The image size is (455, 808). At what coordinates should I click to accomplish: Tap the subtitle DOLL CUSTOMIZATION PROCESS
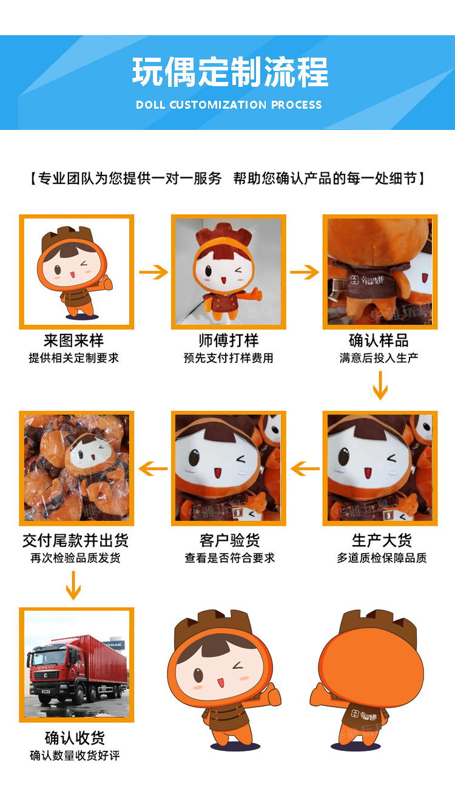(x=229, y=105)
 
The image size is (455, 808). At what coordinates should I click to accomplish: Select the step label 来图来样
(x=73, y=340)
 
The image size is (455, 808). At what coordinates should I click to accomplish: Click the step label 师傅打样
(x=228, y=340)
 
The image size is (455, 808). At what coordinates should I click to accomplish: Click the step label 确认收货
(x=75, y=738)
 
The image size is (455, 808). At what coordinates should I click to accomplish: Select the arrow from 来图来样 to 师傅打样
(x=153, y=273)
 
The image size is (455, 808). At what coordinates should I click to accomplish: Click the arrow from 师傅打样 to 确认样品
(x=305, y=273)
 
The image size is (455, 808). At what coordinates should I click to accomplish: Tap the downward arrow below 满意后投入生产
(x=380, y=385)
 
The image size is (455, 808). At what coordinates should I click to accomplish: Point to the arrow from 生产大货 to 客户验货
(x=305, y=468)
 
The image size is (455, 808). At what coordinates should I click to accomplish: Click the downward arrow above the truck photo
(x=73, y=585)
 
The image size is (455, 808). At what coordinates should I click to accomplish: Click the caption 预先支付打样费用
(x=228, y=358)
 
